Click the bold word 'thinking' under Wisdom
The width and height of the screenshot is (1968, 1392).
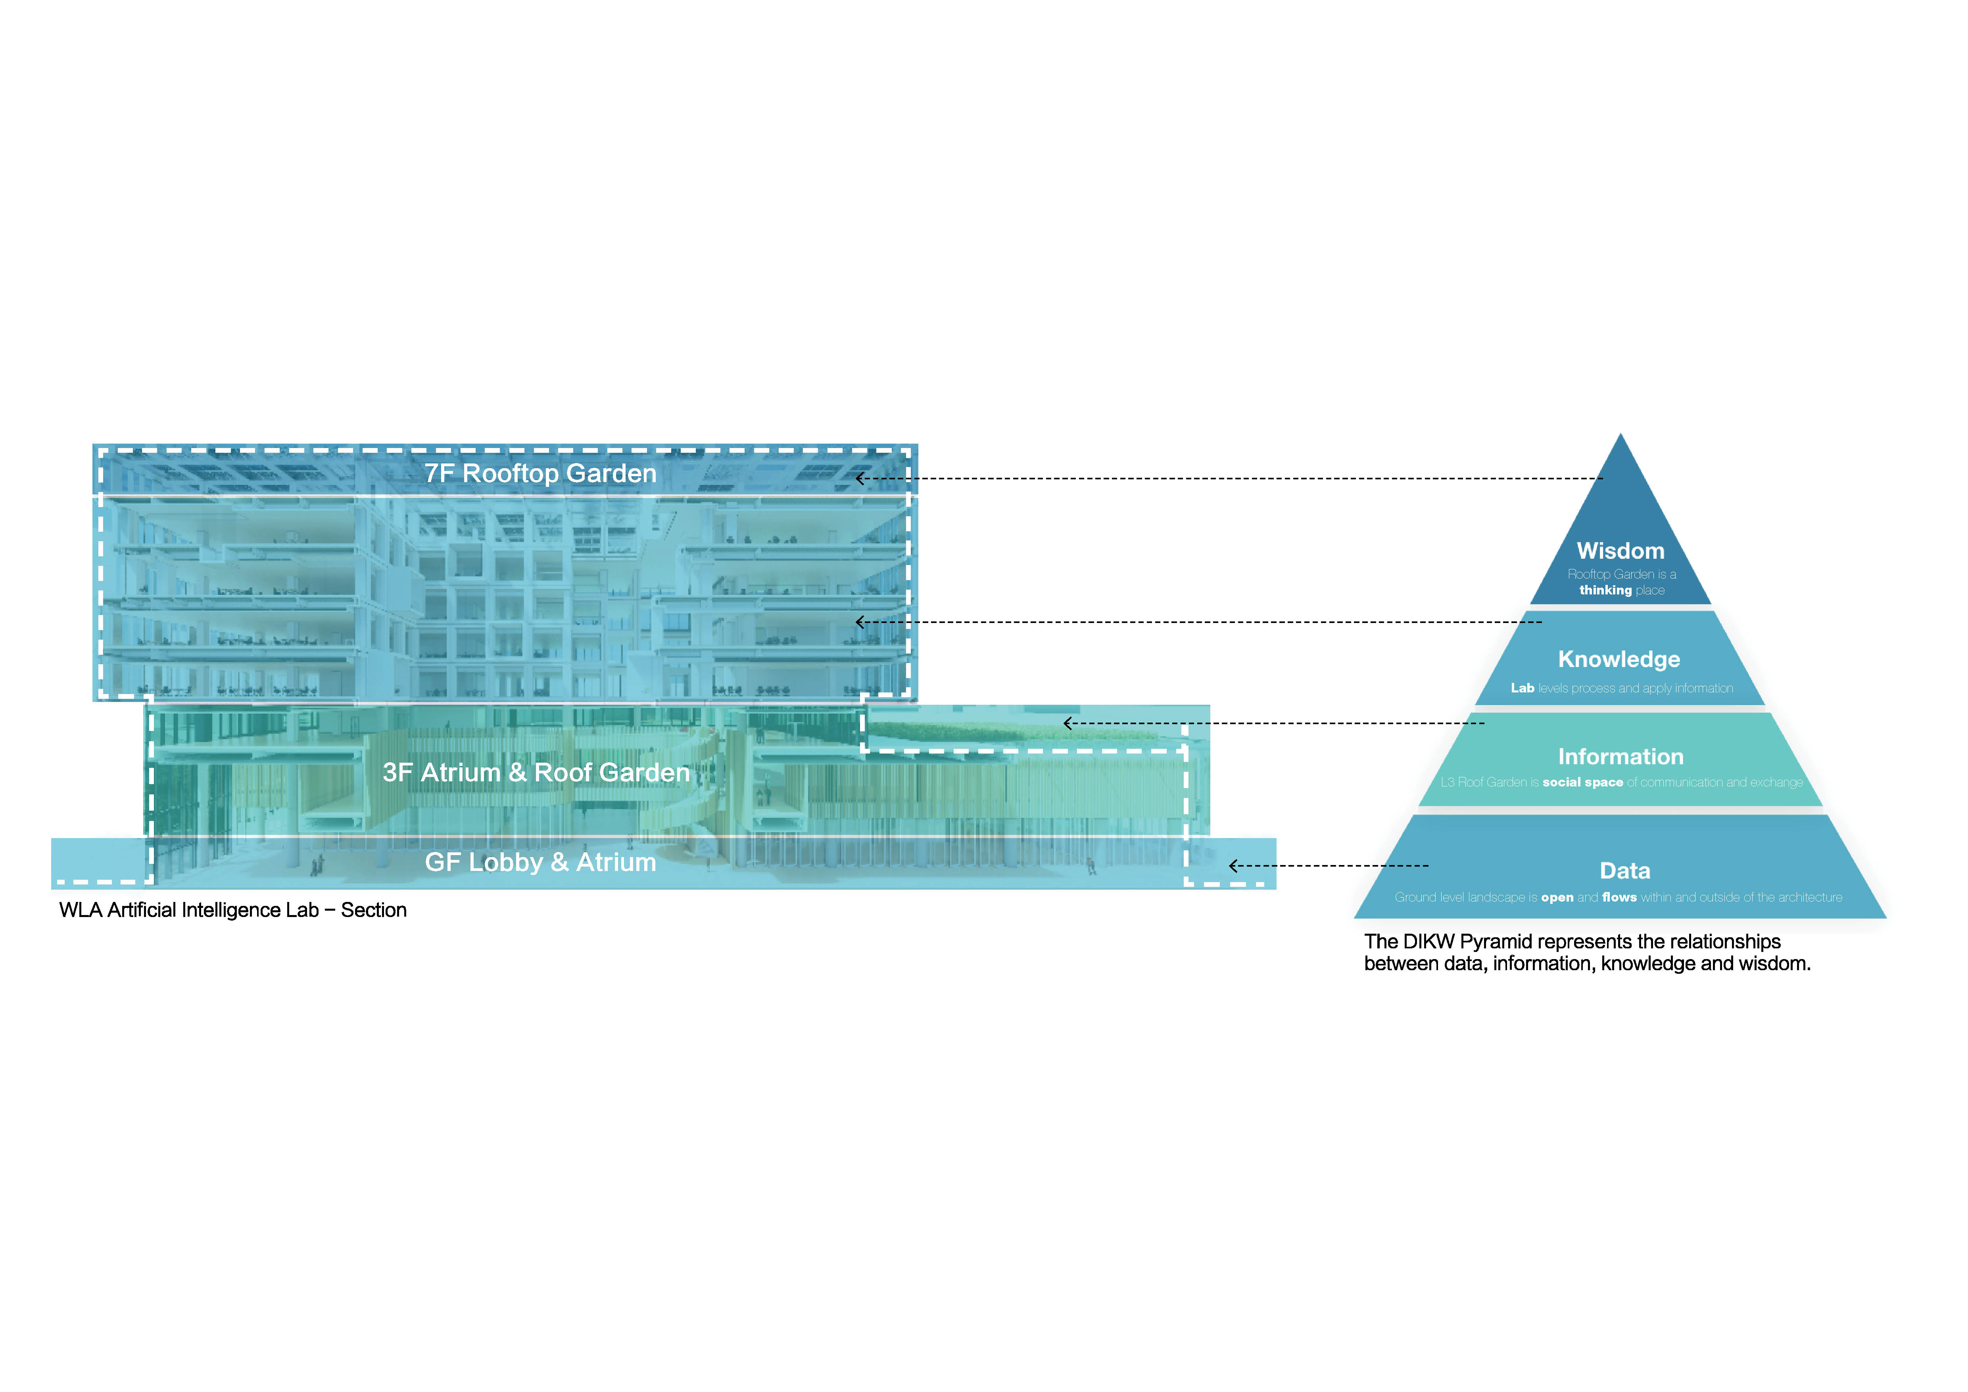click(x=1605, y=590)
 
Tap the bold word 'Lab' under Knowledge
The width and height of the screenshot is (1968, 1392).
click(x=1522, y=688)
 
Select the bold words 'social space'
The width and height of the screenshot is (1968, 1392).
click(x=1582, y=783)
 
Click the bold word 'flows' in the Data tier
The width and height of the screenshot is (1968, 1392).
click(x=1619, y=898)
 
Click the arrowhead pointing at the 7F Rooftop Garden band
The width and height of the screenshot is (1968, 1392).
click(x=860, y=478)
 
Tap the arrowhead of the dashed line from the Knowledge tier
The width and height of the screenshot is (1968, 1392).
click(x=860, y=622)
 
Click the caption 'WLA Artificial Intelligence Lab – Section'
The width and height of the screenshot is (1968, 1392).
click(x=232, y=910)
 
